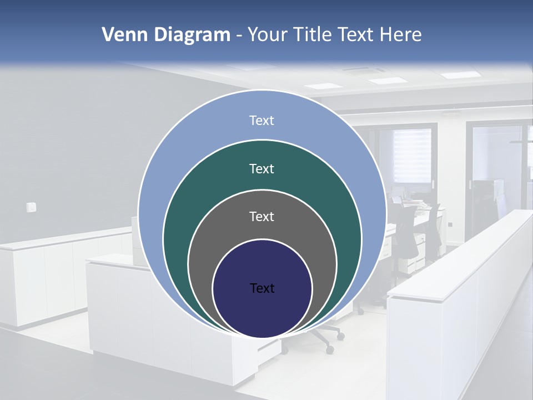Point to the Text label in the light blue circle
click(262, 121)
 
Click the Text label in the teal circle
click(262, 169)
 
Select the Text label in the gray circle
click(262, 217)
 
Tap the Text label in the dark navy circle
click(262, 288)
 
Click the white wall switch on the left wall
click(31, 207)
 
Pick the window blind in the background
click(412, 155)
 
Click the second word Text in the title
click(356, 35)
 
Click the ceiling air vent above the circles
click(364, 71)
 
